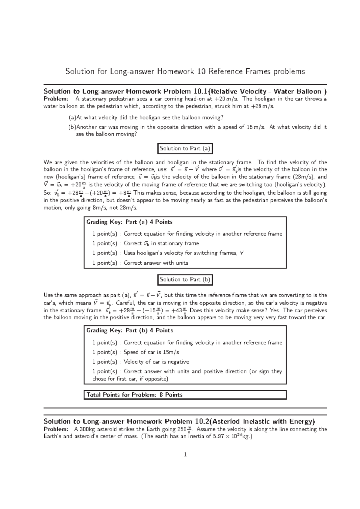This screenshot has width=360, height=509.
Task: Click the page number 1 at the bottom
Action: coord(185,455)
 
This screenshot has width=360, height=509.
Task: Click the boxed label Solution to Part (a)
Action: coord(185,148)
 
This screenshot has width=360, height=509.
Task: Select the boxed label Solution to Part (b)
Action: coord(185,279)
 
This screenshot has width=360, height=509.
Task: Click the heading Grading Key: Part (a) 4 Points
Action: coord(129,222)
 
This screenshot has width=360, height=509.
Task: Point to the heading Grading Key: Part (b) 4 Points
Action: coord(130,330)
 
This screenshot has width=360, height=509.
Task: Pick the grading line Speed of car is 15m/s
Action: coord(151,352)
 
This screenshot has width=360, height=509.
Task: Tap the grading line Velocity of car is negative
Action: coord(156,362)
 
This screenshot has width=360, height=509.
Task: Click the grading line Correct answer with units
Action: coord(156,263)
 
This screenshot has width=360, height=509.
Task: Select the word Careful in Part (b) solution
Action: coord(126,303)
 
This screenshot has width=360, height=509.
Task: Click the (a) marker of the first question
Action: coord(72,118)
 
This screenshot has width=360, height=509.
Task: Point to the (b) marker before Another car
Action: coord(72,127)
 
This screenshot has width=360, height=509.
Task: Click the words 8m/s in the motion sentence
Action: coord(102,208)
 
